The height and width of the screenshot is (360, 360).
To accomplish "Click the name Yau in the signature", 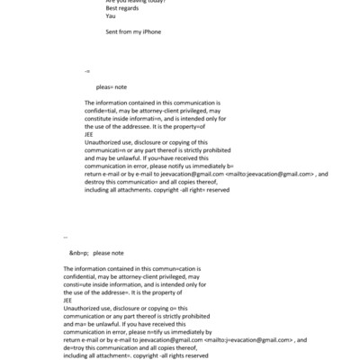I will pyautogui.click(x=110, y=16).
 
